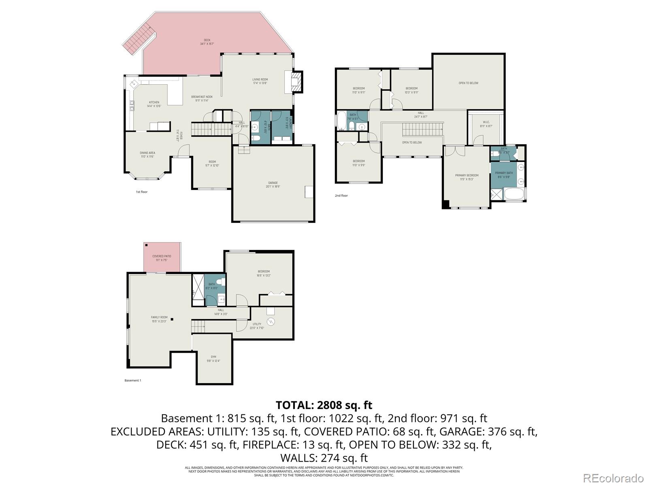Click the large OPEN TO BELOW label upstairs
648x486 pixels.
pyautogui.click(x=468, y=83)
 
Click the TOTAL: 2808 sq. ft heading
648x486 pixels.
pyautogui.click(x=324, y=405)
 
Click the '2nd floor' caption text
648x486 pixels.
pyautogui.click(x=341, y=196)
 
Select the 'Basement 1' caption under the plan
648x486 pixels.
pyautogui.click(x=132, y=380)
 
